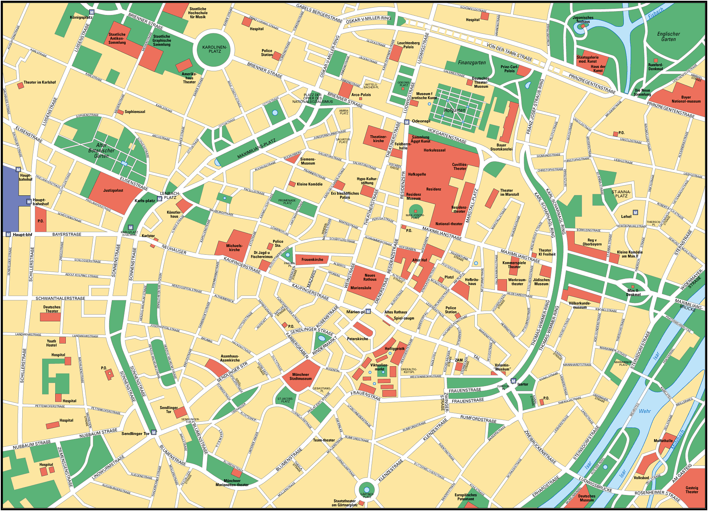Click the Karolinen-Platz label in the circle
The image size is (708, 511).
[214, 49]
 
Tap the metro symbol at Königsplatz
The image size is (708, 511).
[92, 12]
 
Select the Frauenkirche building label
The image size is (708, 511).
[312, 260]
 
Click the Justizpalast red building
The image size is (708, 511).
[113, 191]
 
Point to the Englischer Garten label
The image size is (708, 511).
[668, 36]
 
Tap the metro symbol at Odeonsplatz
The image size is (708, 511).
[407, 122]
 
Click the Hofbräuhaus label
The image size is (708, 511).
[472, 282]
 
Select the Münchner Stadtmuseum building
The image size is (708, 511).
[300, 377]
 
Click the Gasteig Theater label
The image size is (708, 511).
[692, 490]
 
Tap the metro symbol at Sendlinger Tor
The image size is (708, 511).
[154, 432]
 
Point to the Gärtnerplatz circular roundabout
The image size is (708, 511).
[366, 490]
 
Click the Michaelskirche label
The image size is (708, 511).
[234, 248]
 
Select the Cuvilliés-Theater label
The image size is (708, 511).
[459, 167]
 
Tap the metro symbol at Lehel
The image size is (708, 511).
[635, 213]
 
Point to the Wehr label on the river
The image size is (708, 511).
[644, 411]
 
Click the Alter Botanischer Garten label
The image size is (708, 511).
[101, 151]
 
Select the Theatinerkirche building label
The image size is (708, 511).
[378, 139]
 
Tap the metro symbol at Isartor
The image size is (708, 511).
[513, 381]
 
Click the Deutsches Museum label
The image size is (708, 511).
[587, 498]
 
